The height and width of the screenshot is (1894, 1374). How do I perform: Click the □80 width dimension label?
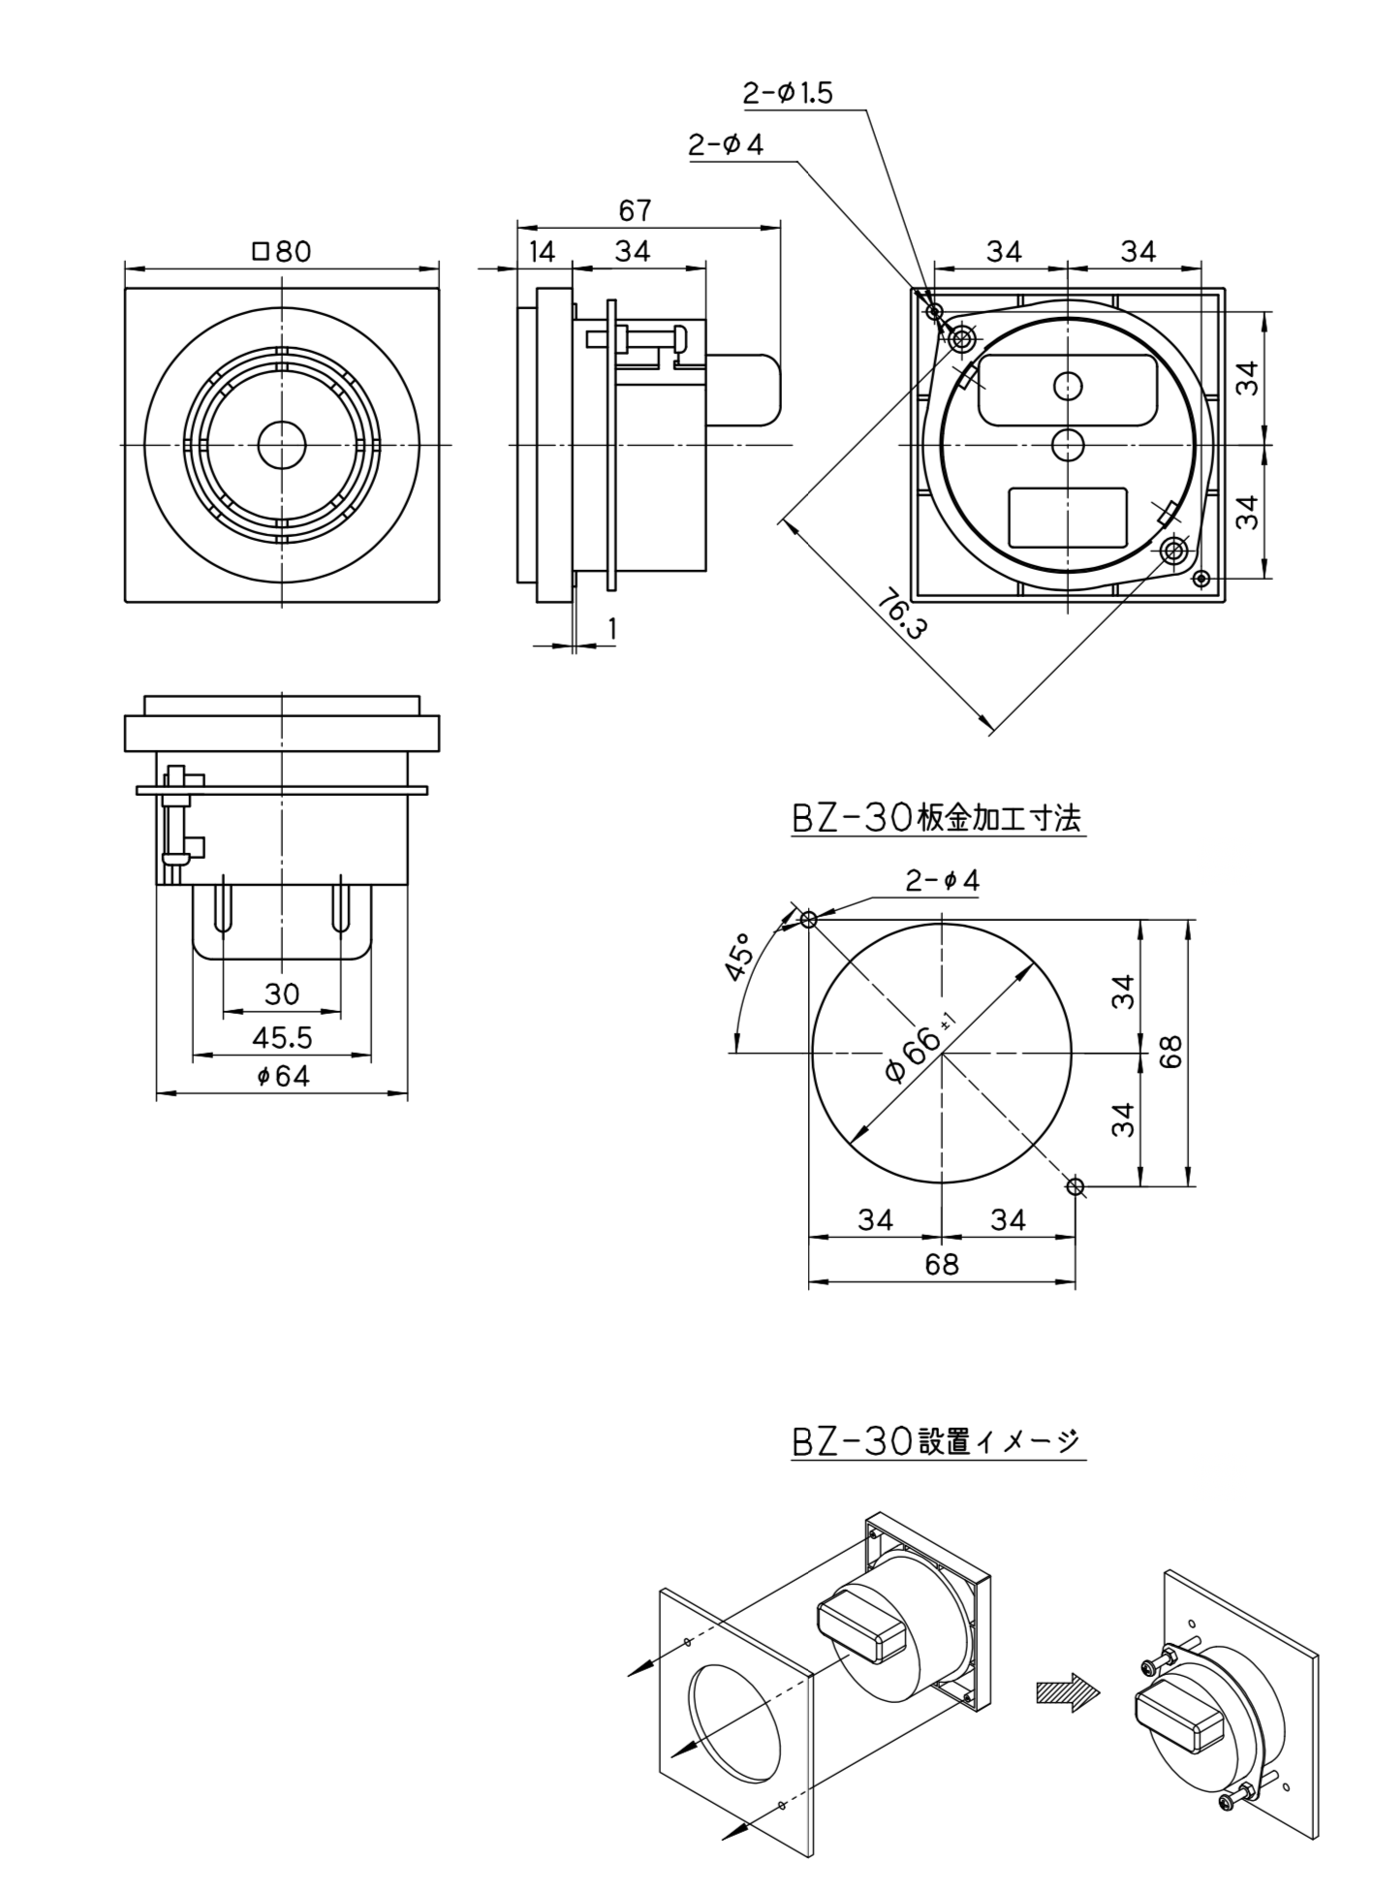pyautogui.click(x=282, y=251)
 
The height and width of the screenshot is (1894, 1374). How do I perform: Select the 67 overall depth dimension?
pyautogui.click(x=635, y=210)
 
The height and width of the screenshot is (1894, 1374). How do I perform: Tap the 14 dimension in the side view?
pyautogui.click(x=543, y=251)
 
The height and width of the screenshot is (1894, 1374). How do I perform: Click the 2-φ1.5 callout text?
pyautogui.click(x=787, y=93)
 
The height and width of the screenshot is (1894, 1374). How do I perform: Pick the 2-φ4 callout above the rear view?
pyautogui.click(x=726, y=145)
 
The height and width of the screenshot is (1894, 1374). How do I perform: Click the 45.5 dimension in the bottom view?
pyautogui.click(x=282, y=1038)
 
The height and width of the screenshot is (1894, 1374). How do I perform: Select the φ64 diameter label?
pyautogui.click(x=282, y=1076)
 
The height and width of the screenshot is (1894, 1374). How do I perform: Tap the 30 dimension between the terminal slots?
pyautogui.click(x=282, y=994)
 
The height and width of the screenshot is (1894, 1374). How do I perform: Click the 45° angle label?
pyautogui.click(x=739, y=957)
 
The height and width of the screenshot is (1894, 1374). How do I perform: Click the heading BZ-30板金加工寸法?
pyautogui.click(x=936, y=819)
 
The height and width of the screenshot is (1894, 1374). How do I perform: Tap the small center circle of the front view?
pyautogui.click(x=282, y=444)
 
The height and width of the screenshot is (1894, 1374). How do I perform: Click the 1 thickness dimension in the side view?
pyautogui.click(x=611, y=629)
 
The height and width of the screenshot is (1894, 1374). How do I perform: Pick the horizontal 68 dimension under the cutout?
pyautogui.click(x=941, y=1264)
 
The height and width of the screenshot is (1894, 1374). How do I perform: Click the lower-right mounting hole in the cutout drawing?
pyautogui.click(x=1075, y=1185)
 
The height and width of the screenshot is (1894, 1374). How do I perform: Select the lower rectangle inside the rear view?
pyautogui.click(x=1068, y=518)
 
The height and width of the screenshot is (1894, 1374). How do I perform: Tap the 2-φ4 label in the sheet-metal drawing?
pyautogui.click(x=942, y=881)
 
